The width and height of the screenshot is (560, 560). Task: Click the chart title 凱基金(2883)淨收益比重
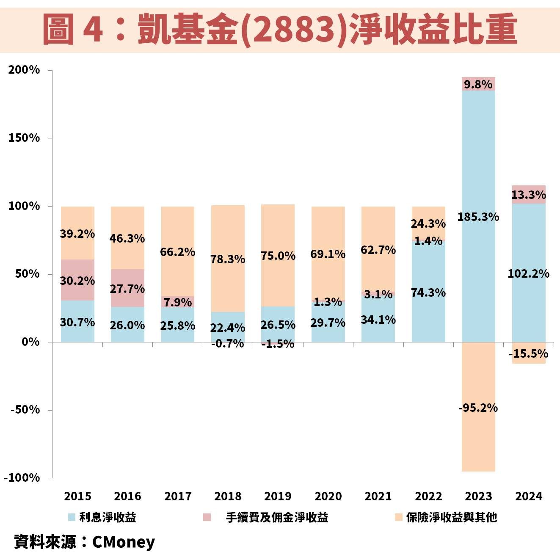280,29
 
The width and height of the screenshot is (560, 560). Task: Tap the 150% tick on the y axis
24,138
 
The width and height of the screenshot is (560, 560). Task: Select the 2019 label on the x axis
278,496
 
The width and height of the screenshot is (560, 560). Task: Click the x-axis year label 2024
528,496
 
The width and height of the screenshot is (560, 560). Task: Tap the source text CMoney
123,542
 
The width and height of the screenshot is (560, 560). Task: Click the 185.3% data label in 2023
478,217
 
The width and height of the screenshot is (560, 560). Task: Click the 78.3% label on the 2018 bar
228,259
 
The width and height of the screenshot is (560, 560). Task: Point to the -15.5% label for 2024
528,354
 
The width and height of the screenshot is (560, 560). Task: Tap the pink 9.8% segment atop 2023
478,84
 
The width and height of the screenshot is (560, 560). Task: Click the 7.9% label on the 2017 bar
178,302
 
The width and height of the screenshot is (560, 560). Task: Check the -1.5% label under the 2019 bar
278,344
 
